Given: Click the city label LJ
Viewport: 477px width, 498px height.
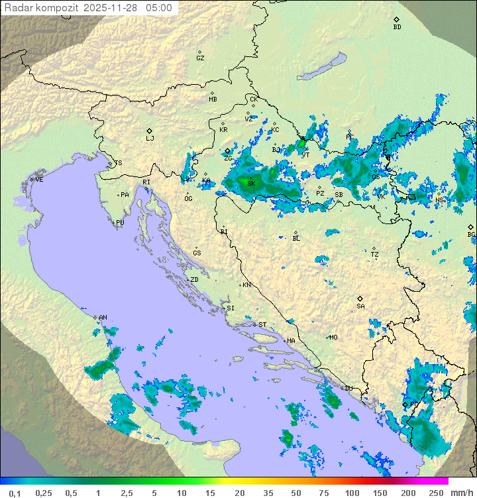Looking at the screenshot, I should (150, 139).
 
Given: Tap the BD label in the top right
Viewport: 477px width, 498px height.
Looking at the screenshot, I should (397, 27).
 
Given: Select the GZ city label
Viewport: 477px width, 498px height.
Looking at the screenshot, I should (200, 58).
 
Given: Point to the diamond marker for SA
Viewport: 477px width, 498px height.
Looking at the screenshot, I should (360, 298).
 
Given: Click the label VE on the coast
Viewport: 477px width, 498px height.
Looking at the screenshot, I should (39, 179).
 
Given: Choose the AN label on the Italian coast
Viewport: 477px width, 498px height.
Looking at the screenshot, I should (103, 318).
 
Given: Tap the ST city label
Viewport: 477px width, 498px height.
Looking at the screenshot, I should (262, 324).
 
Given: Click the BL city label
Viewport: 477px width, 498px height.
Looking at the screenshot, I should (296, 238).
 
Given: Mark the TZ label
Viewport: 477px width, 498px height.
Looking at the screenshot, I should (375, 255).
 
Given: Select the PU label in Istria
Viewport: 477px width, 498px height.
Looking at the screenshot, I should (120, 223).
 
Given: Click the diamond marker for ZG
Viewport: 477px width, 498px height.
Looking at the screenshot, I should (227, 151).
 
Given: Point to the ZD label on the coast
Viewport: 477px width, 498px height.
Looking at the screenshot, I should (194, 280).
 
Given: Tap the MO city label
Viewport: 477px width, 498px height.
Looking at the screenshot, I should (333, 337).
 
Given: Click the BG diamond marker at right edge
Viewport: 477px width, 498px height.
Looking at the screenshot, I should (470, 227).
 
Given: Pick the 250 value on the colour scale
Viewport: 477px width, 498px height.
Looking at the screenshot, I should (435, 493).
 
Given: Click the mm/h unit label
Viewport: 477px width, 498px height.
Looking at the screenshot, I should (461, 493).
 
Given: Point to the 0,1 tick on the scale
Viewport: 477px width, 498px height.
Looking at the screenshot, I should (15, 493).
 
